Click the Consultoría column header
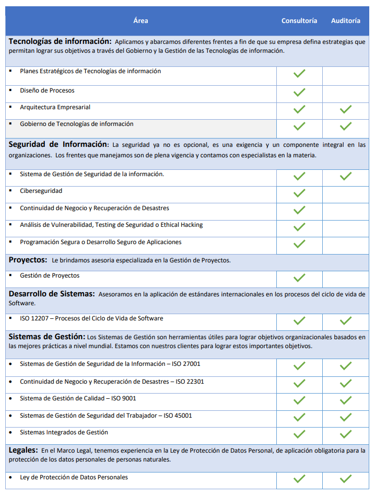pyautogui.click(x=299, y=21)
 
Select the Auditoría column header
pyautogui.click(x=345, y=21)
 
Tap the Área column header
pyautogui.click(x=140, y=21)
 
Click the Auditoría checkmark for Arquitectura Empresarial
pyautogui.click(x=345, y=109)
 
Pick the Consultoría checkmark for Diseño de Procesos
pyautogui.click(x=299, y=93)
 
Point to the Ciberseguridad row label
pyautogui.click(x=41, y=191)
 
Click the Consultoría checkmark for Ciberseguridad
pyautogui.click(x=299, y=193)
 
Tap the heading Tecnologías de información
pyautogui.click(x=60, y=41)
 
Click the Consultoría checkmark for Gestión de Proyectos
pyautogui.click(x=299, y=278)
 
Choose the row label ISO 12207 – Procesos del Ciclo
pyautogui.click(x=91, y=318)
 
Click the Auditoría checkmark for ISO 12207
pyautogui.click(x=345, y=320)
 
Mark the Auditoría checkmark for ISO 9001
pyautogui.click(x=345, y=400)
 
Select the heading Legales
pyautogui.click(x=23, y=450)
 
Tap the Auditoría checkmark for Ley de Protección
pyautogui.click(x=345, y=479)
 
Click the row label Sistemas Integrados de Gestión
pyautogui.click(x=64, y=432)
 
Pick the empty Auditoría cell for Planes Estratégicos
pyautogui.click(x=345, y=75)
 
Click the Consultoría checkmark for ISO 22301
pyautogui.click(x=299, y=384)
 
